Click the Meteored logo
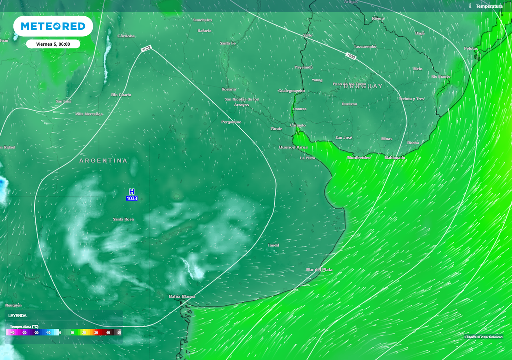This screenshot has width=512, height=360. (x=53, y=26)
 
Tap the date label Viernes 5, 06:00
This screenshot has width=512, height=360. (x=53, y=44)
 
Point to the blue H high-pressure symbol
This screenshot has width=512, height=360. (x=132, y=192)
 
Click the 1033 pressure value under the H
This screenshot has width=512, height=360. (x=132, y=199)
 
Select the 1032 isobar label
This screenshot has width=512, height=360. (x=146, y=49)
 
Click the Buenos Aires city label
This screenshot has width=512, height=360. (x=293, y=147)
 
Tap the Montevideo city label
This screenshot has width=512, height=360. (x=359, y=158)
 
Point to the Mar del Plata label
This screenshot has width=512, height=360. (x=319, y=270)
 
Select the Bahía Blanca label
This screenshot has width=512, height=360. (x=182, y=296)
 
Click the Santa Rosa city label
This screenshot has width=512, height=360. (x=123, y=219)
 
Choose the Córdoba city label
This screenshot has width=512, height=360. (x=126, y=36)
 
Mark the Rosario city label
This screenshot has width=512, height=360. (x=229, y=89)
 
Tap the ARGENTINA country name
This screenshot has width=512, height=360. (x=103, y=161)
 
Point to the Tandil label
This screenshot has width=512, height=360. (x=273, y=245)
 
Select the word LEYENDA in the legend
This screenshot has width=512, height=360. (x=18, y=316)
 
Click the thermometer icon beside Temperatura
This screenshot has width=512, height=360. (x=470, y=6)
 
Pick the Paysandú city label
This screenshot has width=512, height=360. (x=304, y=67)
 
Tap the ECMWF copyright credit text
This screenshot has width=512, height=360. (x=483, y=337)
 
